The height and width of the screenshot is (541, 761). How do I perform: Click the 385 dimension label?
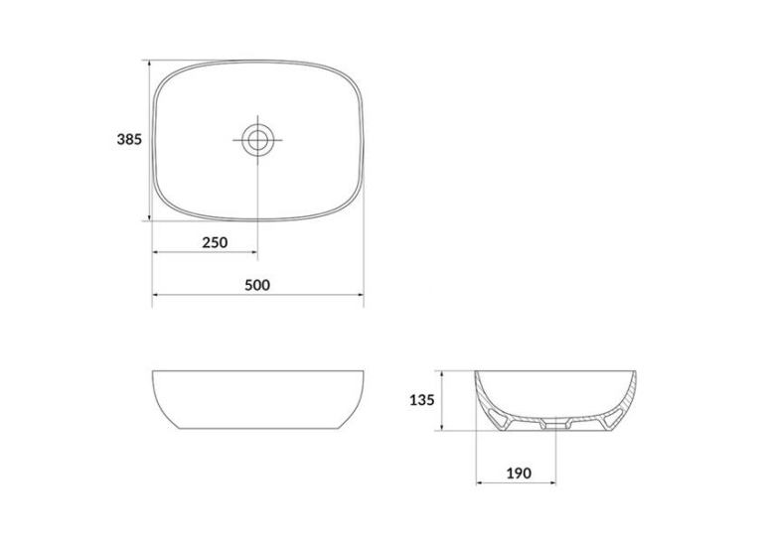pyautogui.click(x=129, y=140)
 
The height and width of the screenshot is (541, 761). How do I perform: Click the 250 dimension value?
pyautogui.click(x=215, y=242)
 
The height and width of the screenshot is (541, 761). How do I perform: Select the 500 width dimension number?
pyautogui.click(x=257, y=285)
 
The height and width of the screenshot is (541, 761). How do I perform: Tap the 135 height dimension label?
pyautogui.click(x=422, y=400)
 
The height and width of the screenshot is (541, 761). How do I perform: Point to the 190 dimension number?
pyautogui.click(x=519, y=473)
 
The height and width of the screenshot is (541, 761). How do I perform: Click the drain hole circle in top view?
pyautogui.click(x=257, y=140)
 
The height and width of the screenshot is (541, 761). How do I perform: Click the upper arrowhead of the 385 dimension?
pyautogui.click(x=149, y=64)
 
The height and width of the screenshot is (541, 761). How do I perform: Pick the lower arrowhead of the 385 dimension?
pyautogui.click(x=149, y=216)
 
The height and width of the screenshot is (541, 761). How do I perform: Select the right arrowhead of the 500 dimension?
pyautogui.click(x=360, y=294)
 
